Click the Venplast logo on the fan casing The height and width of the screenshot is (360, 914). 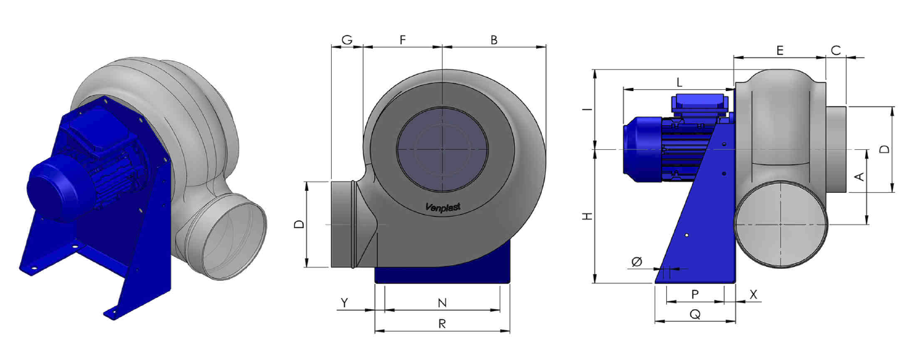coord(443,207)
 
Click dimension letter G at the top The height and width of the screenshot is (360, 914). coord(347,40)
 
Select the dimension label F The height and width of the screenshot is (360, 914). coord(402,40)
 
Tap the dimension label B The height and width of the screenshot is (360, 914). coord(494,40)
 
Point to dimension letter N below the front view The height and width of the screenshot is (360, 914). coord(442,303)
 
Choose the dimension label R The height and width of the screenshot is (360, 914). coord(442,324)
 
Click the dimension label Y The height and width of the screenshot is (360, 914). coord(345,303)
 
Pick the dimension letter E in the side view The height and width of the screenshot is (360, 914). coord(780,51)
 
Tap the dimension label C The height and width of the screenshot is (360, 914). coord(835,51)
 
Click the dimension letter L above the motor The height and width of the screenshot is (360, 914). coord(679,83)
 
